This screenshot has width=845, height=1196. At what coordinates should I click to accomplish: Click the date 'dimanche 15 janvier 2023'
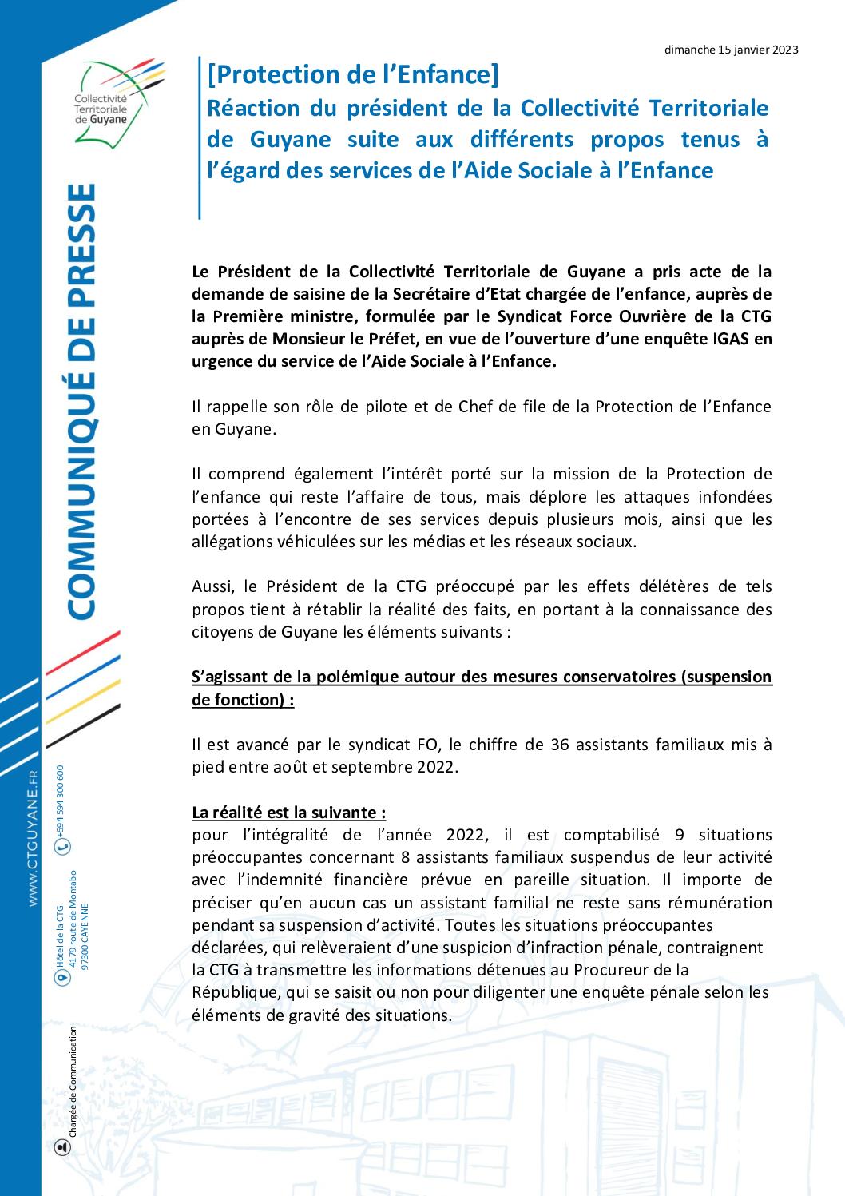(732, 50)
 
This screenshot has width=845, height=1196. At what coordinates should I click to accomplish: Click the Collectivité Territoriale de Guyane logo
(112, 100)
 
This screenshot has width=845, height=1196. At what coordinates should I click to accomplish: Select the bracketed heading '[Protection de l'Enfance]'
(352, 75)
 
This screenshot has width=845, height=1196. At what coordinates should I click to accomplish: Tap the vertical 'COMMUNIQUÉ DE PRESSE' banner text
(81, 400)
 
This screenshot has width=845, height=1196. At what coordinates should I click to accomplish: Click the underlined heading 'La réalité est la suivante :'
(289, 813)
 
